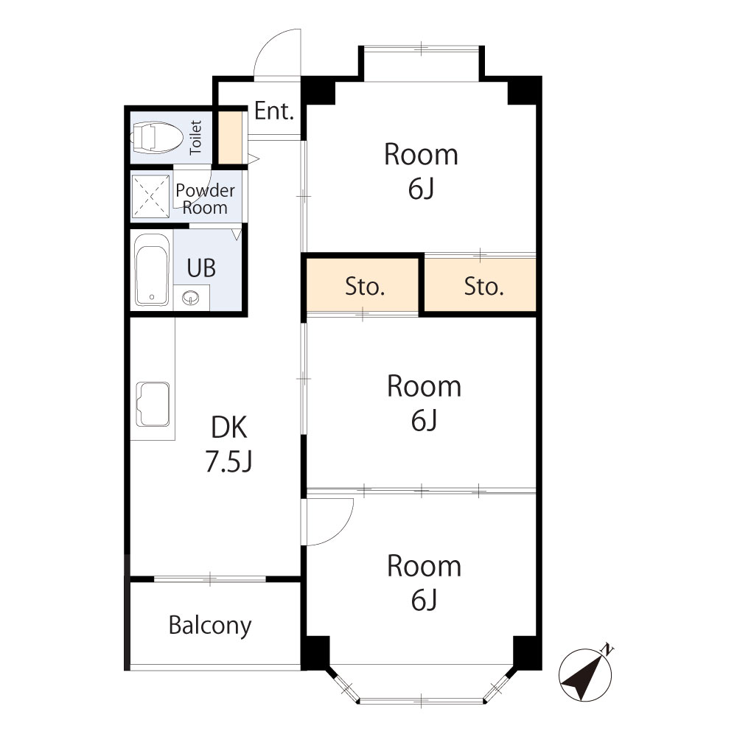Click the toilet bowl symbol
[156, 137]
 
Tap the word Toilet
[196, 136]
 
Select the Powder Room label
[205, 199]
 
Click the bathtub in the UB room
[152, 269]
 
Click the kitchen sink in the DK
[153, 404]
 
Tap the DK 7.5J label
[230, 444]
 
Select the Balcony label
[210, 626]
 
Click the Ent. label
[274, 112]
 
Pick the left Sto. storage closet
[365, 287]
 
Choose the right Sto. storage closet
[483, 287]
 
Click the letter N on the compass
[607, 649]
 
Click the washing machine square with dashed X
[151, 196]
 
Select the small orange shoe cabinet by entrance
[232, 136]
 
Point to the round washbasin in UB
[191, 298]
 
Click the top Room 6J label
[421, 172]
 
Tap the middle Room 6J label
[424, 403]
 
